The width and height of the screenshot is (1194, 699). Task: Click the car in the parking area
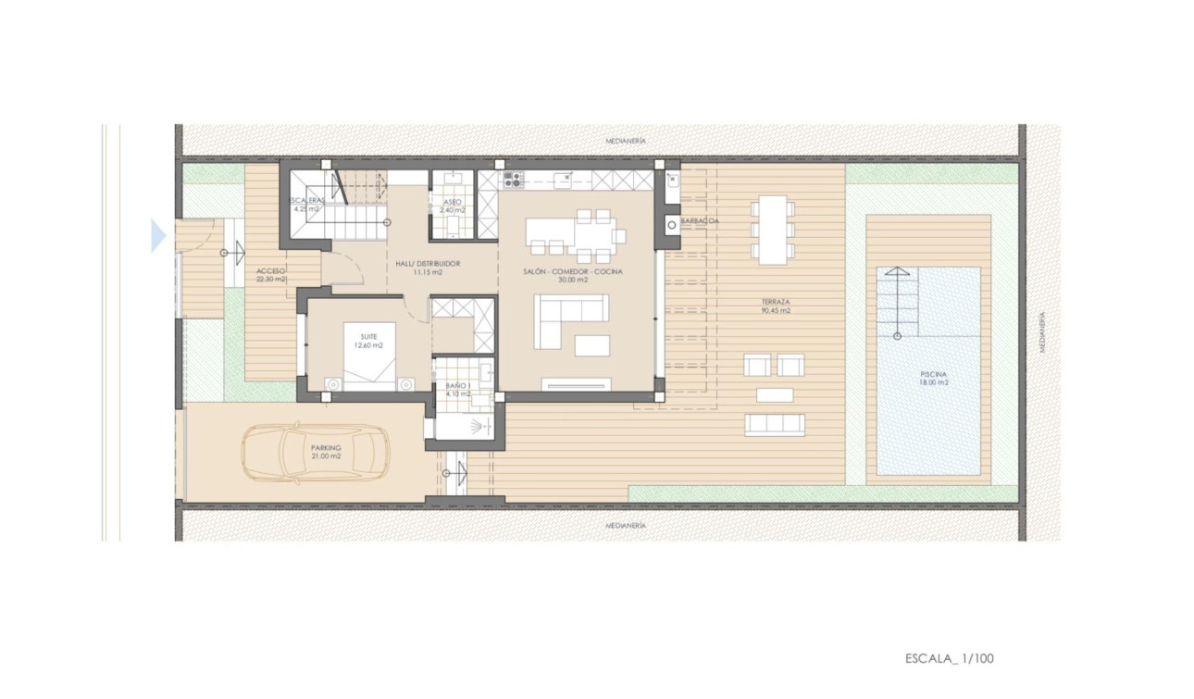[x=315, y=454]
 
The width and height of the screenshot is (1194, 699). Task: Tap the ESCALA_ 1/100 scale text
[x=949, y=659]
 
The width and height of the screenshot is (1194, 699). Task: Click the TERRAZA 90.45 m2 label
[x=776, y=306]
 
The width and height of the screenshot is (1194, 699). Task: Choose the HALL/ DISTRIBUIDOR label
[x=428, y=268]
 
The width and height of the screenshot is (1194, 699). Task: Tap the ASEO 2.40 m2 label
[x=453, y=206]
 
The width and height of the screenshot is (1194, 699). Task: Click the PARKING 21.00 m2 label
[x=325, y=452]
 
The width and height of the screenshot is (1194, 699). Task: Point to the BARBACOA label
[x=701, y=221]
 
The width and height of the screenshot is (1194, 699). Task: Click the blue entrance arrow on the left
[x=157, y=236]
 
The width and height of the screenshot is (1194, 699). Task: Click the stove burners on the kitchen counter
[x=513, y=180]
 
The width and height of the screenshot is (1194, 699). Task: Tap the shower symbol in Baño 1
[x=477, y=427]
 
